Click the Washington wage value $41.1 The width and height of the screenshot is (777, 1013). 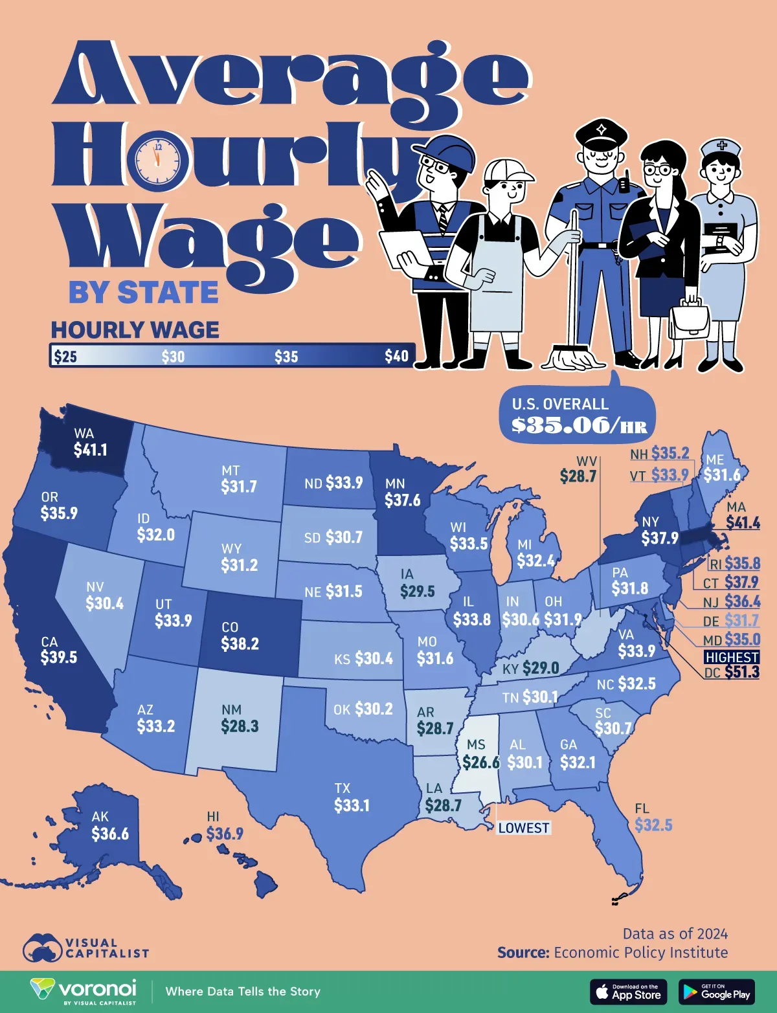click(x=90, y=450)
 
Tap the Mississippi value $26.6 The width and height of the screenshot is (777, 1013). click(x=481, y=763)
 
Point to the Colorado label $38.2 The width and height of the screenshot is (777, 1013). click(x=240, y=644)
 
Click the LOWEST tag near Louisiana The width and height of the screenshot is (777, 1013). click(x=524, y=828)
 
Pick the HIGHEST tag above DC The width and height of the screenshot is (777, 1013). click(x=732, y=657)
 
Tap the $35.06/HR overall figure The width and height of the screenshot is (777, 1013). click(x=579, y=425)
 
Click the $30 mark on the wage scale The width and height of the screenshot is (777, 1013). click(x=173, y=357)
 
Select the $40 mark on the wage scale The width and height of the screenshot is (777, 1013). click(x=396, y=356)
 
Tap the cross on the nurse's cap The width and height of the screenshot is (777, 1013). click(x=721, y=146)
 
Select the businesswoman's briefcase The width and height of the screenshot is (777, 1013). click(x=689, y=320)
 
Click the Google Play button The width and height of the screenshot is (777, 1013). click(x=716, y=992)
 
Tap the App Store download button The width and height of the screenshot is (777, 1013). click(x=628, y=992)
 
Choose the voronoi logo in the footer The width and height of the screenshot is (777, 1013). click(x=84, y=991)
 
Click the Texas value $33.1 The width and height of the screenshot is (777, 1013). click(x=352, y=805)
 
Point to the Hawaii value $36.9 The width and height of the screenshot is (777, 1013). click(x=225, y=834)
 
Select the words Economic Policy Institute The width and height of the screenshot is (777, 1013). click(x=640, y=953)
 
